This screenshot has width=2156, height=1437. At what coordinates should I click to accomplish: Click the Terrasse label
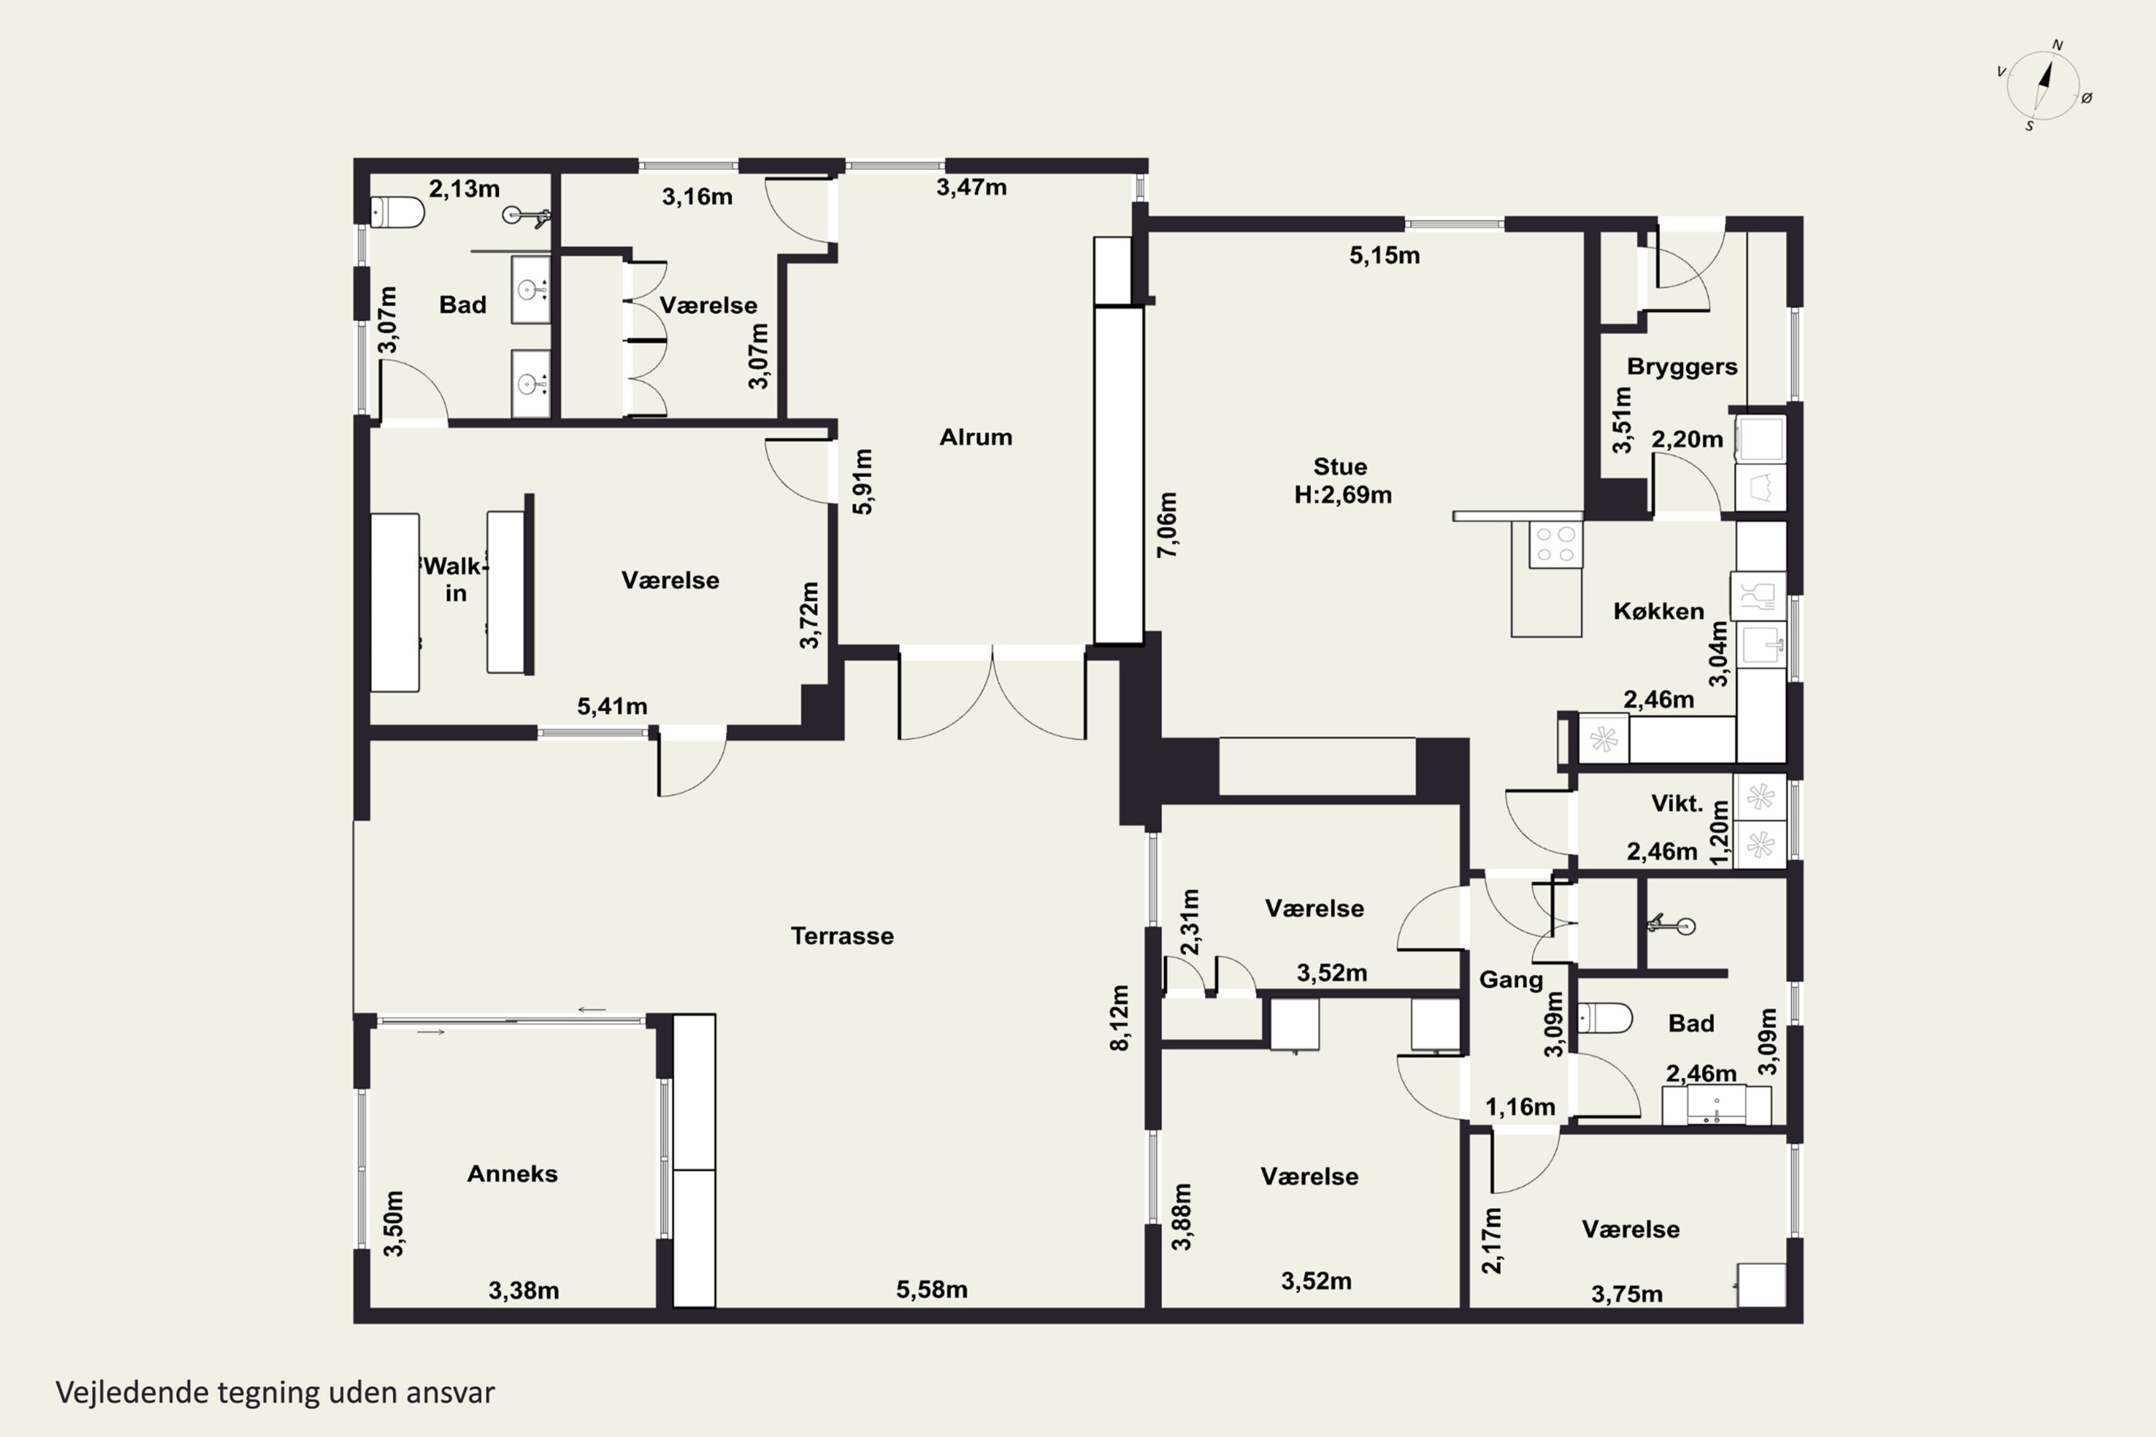[842, 935]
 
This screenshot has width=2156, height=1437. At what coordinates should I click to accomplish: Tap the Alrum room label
[975, 437]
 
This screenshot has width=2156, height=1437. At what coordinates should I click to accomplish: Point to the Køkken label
[1658, 611]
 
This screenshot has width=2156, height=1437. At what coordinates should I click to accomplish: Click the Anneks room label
[512, 1174]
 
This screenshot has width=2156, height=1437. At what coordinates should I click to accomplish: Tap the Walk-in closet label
[453, 579]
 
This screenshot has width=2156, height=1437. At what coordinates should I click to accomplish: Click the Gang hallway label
[1511, 981]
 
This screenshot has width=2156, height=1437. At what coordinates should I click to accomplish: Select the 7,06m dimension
[1167, 525]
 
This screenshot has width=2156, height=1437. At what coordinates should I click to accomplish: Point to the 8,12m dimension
[1119, 1018]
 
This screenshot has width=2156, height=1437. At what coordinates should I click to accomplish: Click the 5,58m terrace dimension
[931, 1290]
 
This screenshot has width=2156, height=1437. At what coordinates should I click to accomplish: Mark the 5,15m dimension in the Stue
[1384, 256]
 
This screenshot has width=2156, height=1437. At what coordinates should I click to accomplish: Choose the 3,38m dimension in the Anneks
[523, 1290]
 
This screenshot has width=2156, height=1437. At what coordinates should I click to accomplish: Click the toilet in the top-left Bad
[397, 213]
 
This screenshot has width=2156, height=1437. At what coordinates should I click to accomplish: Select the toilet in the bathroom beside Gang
[1605, 1018]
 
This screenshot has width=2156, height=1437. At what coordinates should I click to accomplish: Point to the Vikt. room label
[1677, 804]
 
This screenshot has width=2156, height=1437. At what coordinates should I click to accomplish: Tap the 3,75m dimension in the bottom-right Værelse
[1626, 1294]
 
